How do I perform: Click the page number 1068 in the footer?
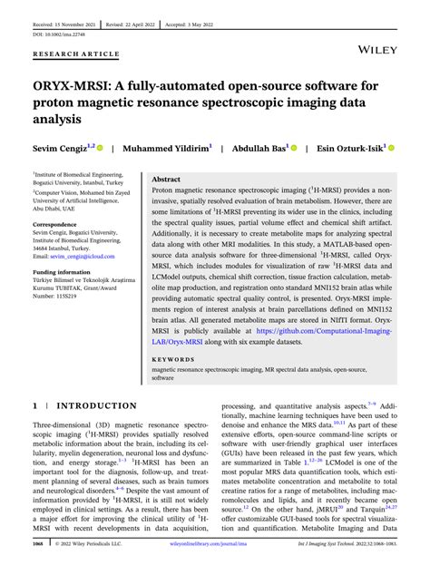40,546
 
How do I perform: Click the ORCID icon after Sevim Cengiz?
100,147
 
